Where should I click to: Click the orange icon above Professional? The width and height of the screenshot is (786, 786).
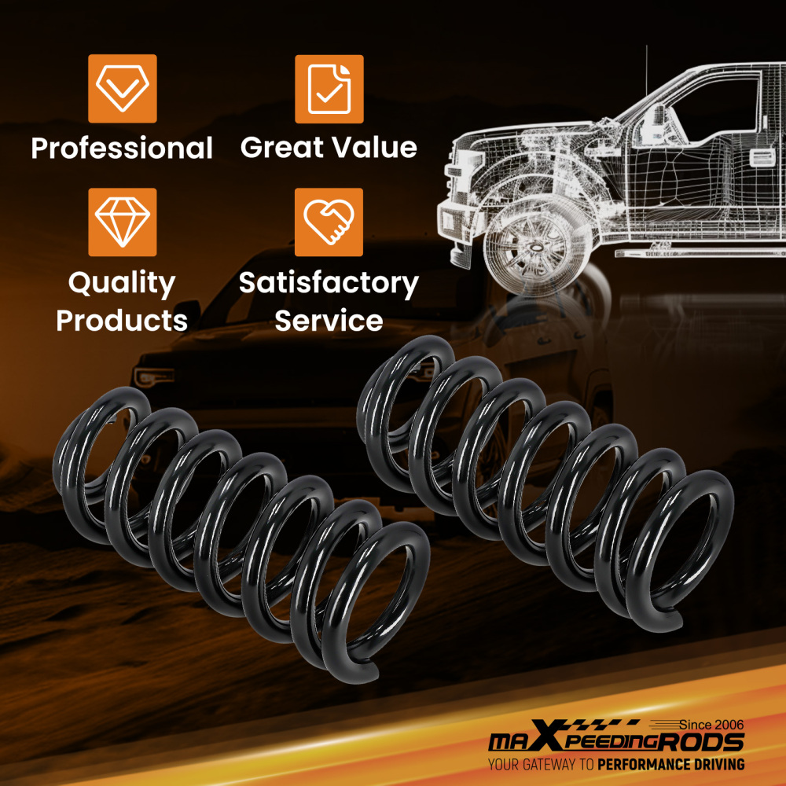click(x=123, y=88)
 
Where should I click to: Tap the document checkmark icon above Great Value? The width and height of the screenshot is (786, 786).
click(x=329, y=89)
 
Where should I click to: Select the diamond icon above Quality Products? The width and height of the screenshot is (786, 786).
click(x=123, y=222)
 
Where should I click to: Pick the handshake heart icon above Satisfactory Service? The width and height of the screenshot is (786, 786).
click(x=329, y=222)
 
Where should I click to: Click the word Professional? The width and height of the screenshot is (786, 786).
click(x=122, y=148)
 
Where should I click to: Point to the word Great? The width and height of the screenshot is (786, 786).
click(x=281, y=148)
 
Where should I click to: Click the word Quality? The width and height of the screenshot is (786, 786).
click(x=122, y=283)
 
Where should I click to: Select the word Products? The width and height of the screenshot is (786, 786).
click(x=122, y=321)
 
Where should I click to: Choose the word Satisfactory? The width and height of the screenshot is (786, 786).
click(x=329, y=283)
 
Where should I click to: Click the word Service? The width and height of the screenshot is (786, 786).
click(x=329, y=321)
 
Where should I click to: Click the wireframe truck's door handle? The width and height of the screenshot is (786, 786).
click(x=762, y=157)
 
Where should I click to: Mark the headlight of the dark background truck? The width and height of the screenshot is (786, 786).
click(x=154, y=376)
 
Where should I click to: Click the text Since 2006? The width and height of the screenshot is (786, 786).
click(x=711, y=725)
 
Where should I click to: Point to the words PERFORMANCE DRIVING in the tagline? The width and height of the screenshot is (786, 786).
click(x=670, y=765)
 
